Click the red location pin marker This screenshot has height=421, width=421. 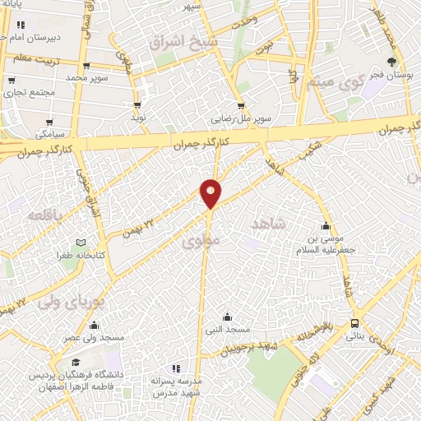[210, 192]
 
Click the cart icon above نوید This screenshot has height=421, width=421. [137, 105]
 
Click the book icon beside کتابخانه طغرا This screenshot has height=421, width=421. [80, 243]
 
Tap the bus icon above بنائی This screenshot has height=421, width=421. [354, 323]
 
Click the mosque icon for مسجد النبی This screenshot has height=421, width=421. [227, 317]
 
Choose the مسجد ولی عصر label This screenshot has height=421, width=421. [96, 338]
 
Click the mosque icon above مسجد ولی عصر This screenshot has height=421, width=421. [95, 325]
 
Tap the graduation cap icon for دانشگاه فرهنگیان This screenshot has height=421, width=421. [76, 362]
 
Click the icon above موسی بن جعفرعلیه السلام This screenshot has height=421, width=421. [326, 225]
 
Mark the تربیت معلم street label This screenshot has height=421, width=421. [35, 59]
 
